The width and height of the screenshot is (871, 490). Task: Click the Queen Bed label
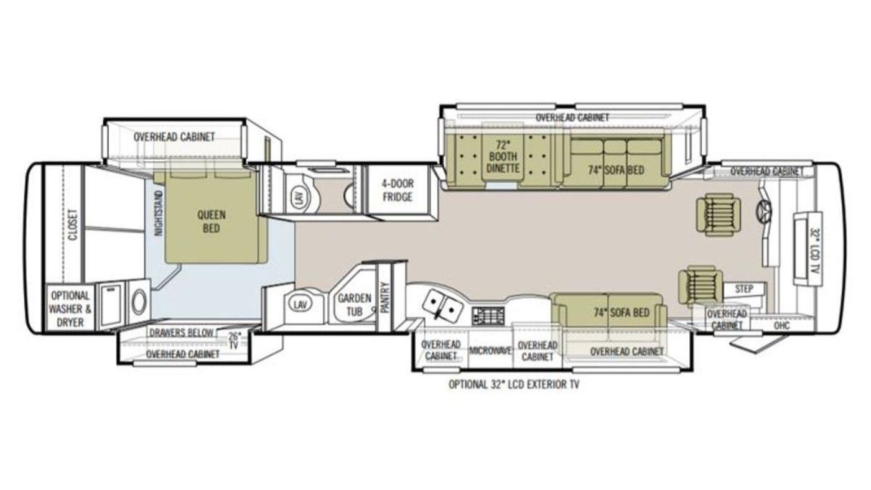coord(211,221)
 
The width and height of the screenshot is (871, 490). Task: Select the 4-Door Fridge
coord(398,190)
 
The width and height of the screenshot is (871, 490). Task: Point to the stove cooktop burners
coord(488,315)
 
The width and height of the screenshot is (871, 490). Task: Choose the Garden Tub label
coord(354,305)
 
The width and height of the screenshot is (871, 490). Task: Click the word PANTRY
coord(385,297)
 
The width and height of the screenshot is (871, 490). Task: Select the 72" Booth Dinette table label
coord(503,157)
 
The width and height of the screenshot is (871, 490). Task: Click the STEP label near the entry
coord(744,289)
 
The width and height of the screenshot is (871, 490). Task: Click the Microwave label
coord(490,351)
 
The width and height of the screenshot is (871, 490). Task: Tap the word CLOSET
coord(73,225)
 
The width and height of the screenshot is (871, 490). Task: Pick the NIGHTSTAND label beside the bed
coord(158,213)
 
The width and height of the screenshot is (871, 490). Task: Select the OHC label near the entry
coord(781,326)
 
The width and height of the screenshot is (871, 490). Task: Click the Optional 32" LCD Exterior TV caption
coord(514,385)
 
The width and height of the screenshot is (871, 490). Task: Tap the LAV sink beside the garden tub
coord(300,305)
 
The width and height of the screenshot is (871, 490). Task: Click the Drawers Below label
coord(182,333)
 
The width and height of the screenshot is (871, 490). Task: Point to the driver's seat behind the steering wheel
coord(719,216)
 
